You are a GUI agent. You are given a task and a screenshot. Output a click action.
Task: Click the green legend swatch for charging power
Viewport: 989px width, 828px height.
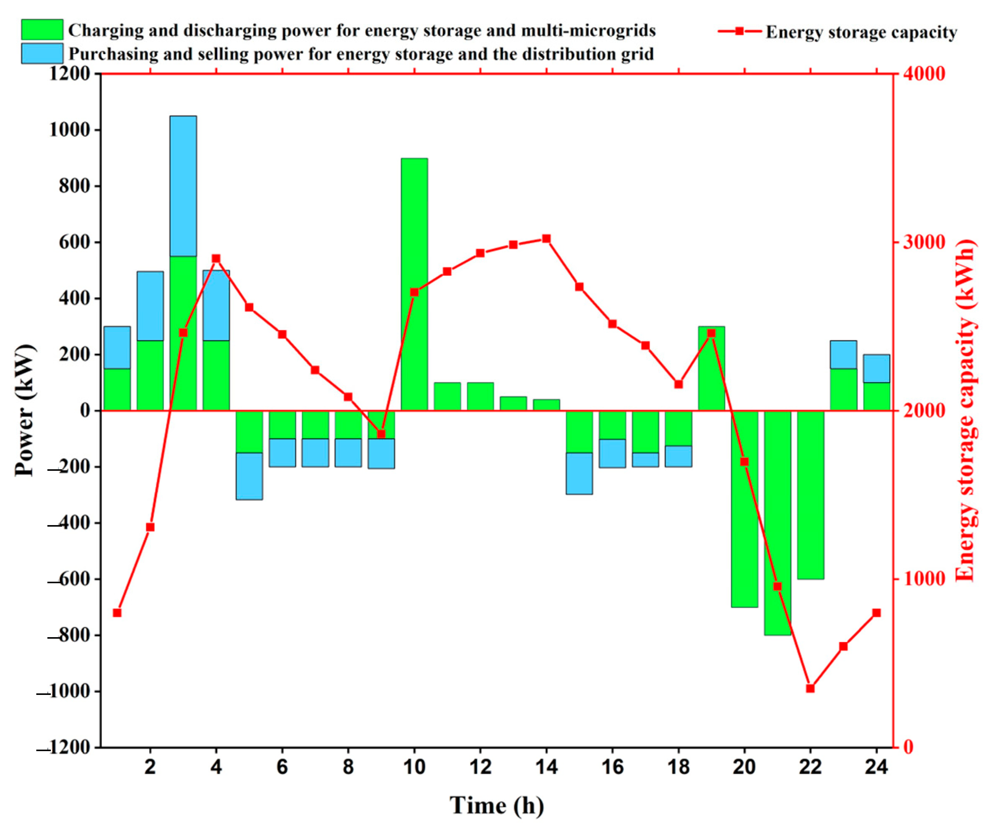click(42, 30)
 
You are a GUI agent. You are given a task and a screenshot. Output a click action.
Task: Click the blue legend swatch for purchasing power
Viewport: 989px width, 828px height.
click(42, 54)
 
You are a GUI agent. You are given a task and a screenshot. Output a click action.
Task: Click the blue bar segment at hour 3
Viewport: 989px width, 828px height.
click(183, 186)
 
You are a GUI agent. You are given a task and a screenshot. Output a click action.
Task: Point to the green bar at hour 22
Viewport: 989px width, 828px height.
click(811, 495)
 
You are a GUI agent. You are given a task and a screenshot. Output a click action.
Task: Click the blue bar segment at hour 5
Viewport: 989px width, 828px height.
click(249, 476)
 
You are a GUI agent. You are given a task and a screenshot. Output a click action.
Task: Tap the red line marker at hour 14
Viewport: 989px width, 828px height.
click(546, 239)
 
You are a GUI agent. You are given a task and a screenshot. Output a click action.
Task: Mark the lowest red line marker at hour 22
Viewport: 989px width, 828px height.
click(811, 688)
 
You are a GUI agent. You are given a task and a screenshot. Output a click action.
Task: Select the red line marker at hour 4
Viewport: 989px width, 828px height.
click(216, 259)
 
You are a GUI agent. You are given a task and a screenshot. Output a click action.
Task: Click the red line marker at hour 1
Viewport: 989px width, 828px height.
click(117, 613)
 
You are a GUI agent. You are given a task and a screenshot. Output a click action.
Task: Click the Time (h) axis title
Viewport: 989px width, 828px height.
click(496, 805)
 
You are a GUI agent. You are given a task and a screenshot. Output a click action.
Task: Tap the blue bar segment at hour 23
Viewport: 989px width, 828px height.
click(843, 355)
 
